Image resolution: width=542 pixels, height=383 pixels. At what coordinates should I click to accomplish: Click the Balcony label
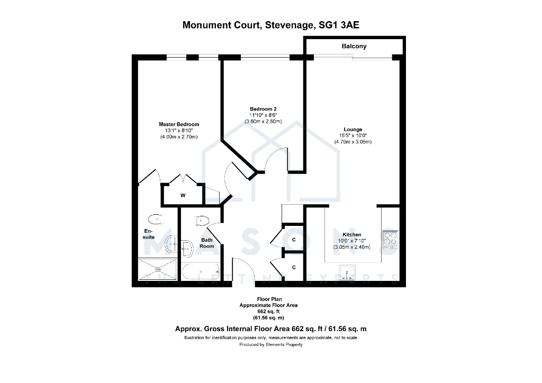pyautogui.click(x=354, y=46)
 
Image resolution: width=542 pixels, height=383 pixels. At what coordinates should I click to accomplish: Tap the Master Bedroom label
pyautogui.click(x=179, y=124)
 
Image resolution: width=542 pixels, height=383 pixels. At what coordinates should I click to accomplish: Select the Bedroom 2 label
pyautogui.click(x=264, y=109)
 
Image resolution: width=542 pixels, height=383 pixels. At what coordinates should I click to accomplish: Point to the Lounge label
pyautogui.click(x=353, y=130)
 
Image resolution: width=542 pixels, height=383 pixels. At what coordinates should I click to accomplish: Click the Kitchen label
pyautogui.click(x=352, y=235)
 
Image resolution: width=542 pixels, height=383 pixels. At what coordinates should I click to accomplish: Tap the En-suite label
pyautogui.click(x=149, y=234)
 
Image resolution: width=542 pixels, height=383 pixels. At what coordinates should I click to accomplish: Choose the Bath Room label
pyautogui.click(x=207, y=243)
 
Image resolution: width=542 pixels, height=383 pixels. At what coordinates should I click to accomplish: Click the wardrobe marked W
pyautogui.click(x=183, y=196)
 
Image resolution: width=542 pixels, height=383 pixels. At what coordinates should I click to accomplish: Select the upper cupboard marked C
pyautogui.click(x=294, y=240)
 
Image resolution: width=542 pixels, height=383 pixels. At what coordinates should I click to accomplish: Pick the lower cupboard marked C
pyautogui.click(x=294, y=267)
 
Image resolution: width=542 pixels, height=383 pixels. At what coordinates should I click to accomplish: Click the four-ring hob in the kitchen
pyautogui.click(x=390, y=240)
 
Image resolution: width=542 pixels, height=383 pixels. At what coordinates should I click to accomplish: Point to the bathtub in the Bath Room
pyautogui.click(x=201, y=272)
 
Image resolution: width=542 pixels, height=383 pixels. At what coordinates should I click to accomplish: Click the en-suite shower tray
pyautogui.click(x=158, y=269)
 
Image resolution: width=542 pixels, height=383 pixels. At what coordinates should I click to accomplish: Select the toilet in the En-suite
pyautogui.click(x=156, y=219)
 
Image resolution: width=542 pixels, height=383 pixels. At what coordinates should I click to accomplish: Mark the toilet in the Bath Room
pyautogui.click(x=202, y=221)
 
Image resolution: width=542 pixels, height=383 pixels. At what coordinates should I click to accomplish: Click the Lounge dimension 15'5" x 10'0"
pyautogui.click(x=353, y=136)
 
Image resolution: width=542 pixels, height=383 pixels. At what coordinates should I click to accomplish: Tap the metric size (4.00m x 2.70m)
pyautogui.click(x=179, y=137)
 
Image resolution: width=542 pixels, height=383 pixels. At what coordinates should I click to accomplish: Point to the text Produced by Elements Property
pyautogui.click(x=271, y=344)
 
